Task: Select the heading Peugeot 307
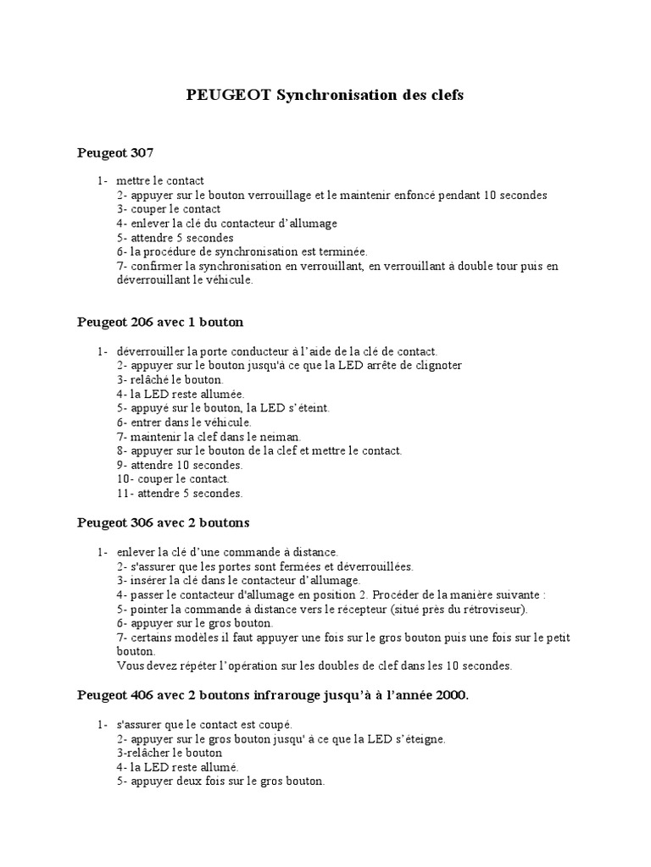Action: [114, 153]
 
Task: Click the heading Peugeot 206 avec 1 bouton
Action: [160, 322]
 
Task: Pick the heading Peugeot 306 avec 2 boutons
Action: [164, 522]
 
